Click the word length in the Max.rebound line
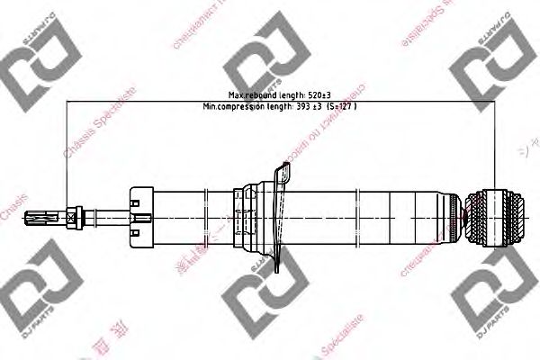tap(285, 94)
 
